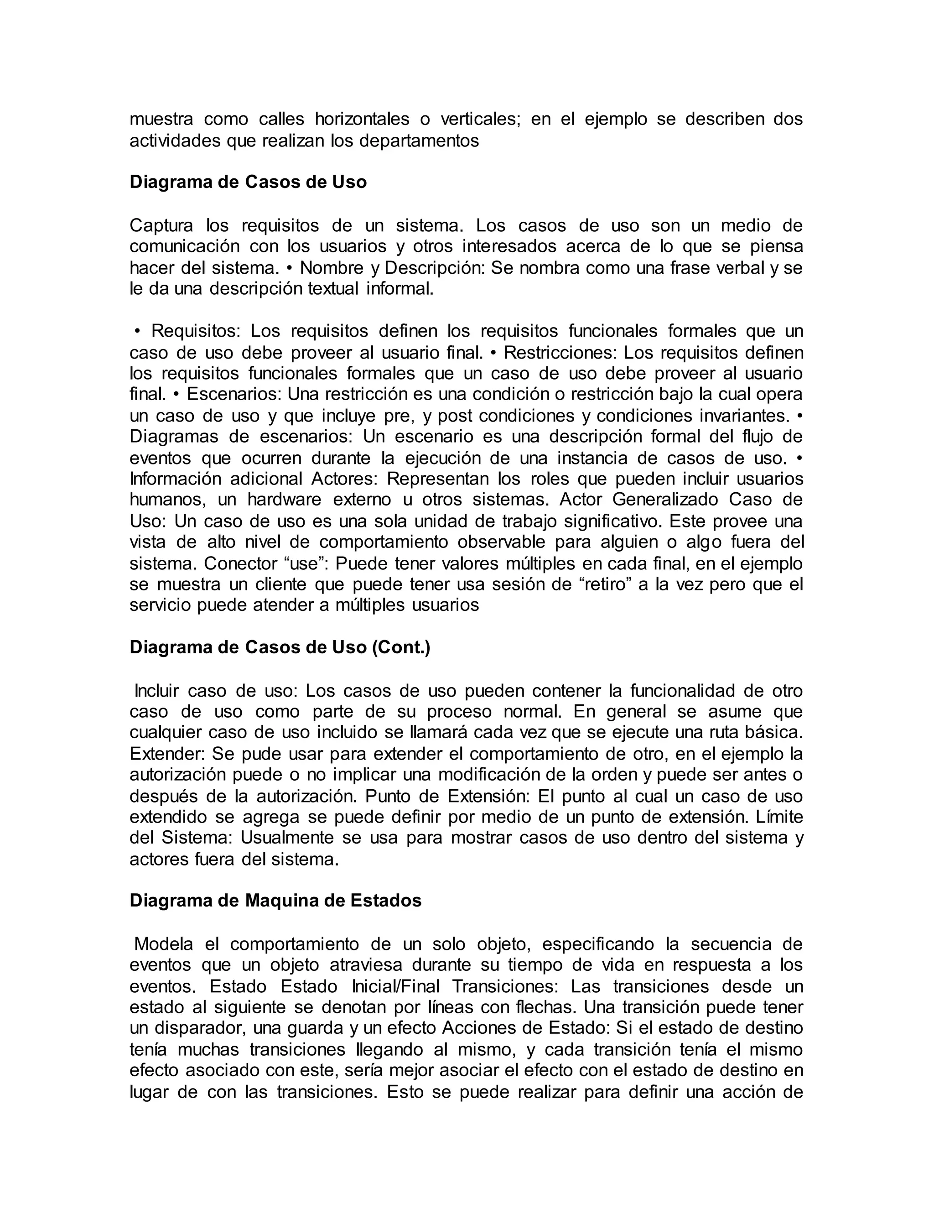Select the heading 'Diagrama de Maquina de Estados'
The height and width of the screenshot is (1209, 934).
(x=275, y=900)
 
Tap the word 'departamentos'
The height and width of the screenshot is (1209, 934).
(x=419, y=141)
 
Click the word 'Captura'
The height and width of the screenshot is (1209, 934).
(x=161, y=225)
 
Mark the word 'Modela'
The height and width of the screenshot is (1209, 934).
(x=164, y=943)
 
